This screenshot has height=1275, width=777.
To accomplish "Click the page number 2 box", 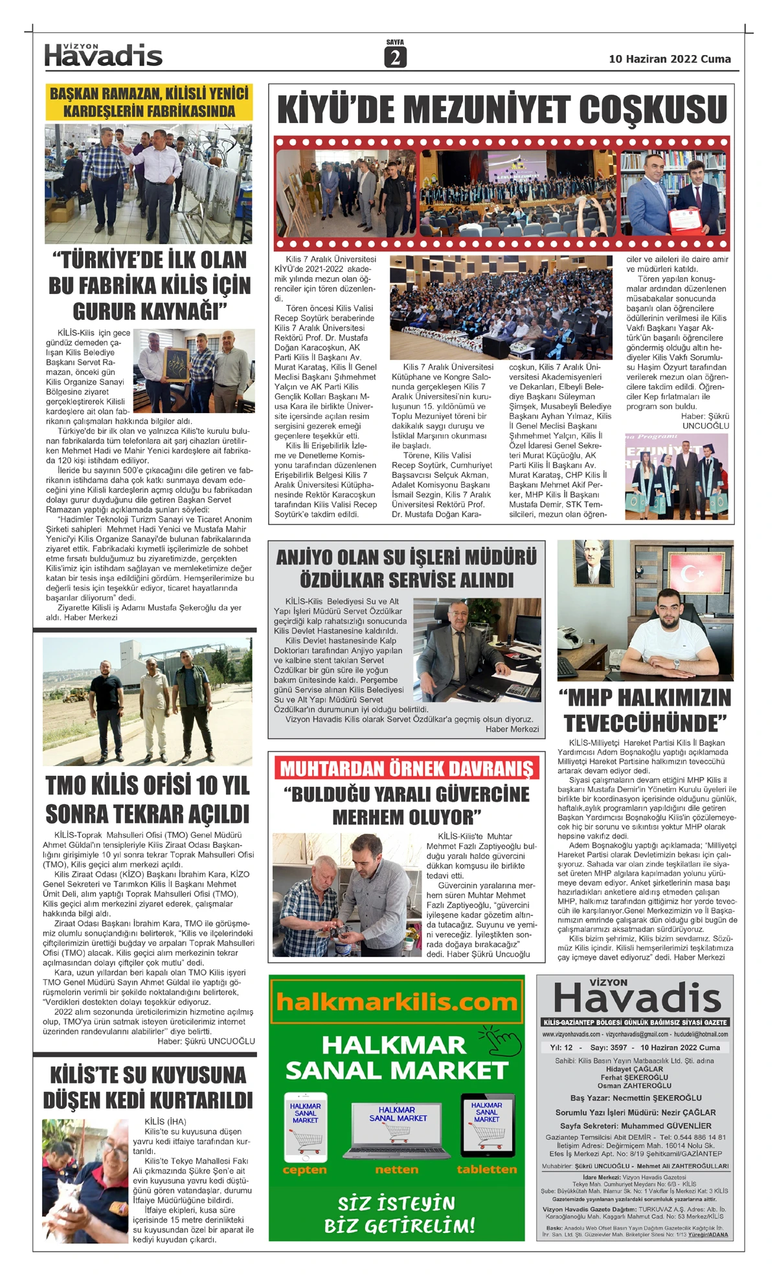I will (394, 58).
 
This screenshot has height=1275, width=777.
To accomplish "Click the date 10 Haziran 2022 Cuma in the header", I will (670, 59).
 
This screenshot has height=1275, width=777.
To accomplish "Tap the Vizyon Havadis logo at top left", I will (104, 56).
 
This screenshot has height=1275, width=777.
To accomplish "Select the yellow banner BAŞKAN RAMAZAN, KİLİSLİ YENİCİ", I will (149, 102).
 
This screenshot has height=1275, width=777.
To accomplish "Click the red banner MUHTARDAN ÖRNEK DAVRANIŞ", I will (407, 769).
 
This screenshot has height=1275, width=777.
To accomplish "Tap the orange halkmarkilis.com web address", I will (396, 1002).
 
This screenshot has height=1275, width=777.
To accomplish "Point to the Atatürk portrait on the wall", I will (594, 561).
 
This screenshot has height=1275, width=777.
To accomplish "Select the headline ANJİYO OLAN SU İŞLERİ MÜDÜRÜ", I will (407, 568).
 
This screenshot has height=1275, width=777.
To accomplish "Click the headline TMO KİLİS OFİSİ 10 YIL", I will (148, 799).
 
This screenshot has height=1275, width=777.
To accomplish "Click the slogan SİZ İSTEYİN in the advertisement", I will (396, 1203).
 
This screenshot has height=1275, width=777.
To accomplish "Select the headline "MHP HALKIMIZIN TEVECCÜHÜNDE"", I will (646, 710).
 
